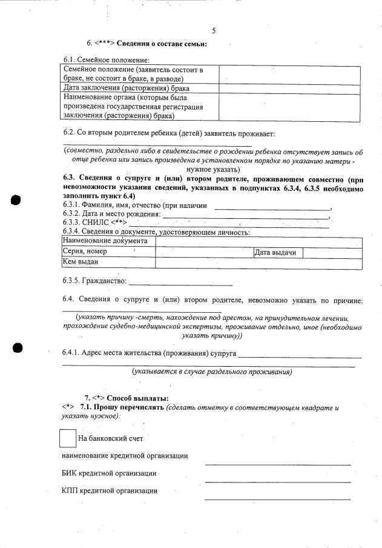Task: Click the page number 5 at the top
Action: coord(214,31)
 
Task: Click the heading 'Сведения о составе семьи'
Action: coord(162,44)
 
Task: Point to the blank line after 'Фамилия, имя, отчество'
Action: coord(272,207)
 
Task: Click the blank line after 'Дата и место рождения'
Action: coord(245,215)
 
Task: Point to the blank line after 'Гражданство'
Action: coord(181,282)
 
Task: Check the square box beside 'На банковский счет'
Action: coord(68,438)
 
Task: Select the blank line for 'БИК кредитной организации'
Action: coord(277,481)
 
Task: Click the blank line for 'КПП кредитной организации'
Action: coord(277,499)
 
